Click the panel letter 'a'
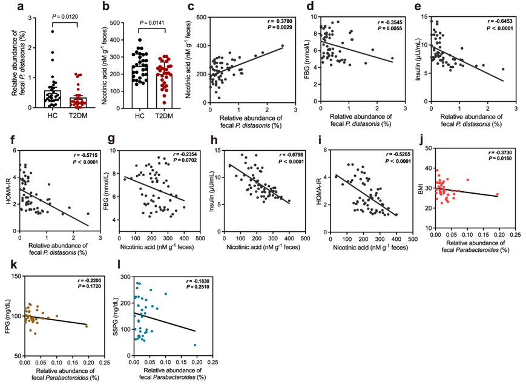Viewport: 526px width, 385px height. [x=8, y=7]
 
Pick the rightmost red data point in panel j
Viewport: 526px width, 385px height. [x=497, y=195]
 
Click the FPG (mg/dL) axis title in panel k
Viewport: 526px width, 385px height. [x=7, y=315]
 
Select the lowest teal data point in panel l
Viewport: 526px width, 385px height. [x=196, y=345]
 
